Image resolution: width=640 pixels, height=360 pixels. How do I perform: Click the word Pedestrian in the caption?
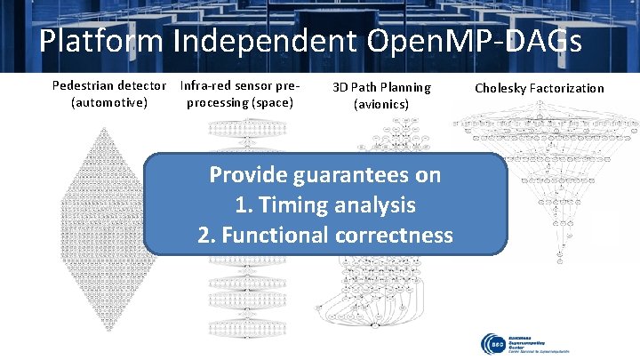86,86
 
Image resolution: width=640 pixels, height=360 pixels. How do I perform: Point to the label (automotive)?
108,103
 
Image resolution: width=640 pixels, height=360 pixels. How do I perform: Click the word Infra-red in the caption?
207,86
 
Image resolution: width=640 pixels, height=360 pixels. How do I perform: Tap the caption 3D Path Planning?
381,87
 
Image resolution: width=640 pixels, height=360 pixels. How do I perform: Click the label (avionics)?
381,104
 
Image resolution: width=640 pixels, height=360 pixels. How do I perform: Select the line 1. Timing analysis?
325,205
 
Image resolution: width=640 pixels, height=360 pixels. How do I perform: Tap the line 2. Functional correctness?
325,235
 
